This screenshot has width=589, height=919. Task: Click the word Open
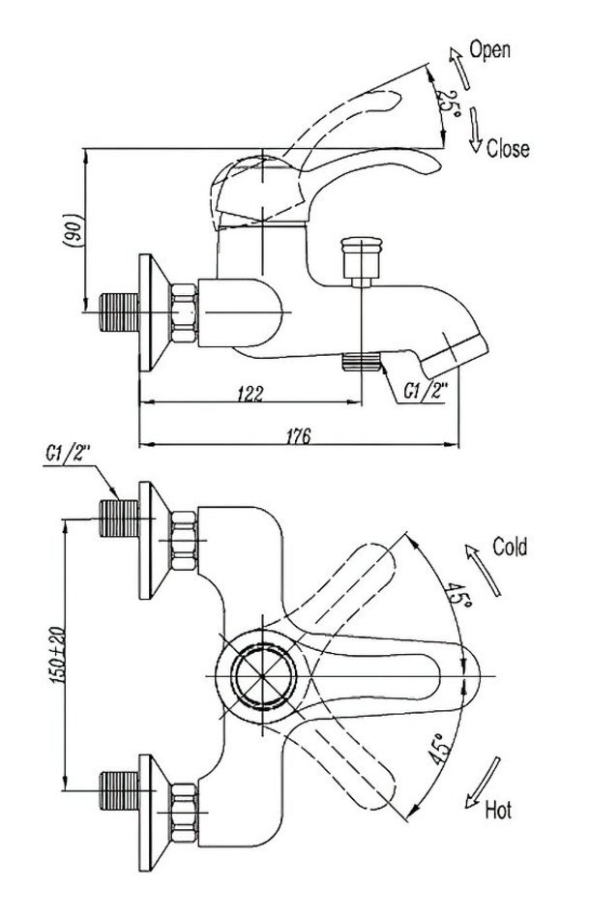pyautogui.click(x=490, y=49)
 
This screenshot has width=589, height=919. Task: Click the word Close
pyautogui.click(x=508, y=149)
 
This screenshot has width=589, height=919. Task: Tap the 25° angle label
pyautogui.click(x=447, y=103)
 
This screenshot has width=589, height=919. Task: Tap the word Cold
pyautogui.click(x=510, y=548)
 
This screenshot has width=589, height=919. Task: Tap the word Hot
pyautogui.click(x=497, y=809)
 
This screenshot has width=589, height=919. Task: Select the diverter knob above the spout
pyautogui.click(x=362, y=258)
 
